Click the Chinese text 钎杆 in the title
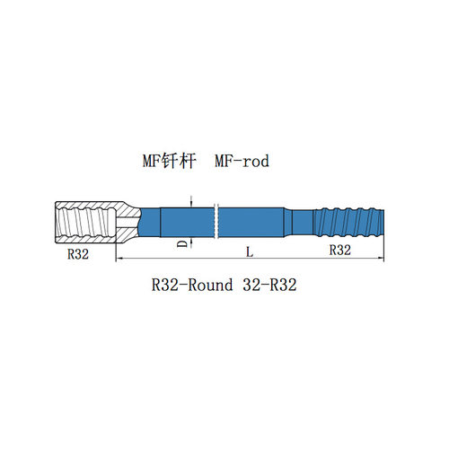179,161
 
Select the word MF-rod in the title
242,161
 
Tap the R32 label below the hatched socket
78,254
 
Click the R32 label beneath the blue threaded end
340,250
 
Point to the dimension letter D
182,243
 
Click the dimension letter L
250,252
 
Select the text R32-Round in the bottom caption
192,285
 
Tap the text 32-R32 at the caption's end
269,285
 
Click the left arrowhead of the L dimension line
119,258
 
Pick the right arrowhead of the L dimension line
381,258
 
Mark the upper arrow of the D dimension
190,204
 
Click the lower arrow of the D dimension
190,242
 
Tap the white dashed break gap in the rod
216,222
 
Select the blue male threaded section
348,222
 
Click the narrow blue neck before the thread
303,223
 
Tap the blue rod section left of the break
188,223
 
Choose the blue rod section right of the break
251,223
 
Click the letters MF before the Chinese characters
152,161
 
